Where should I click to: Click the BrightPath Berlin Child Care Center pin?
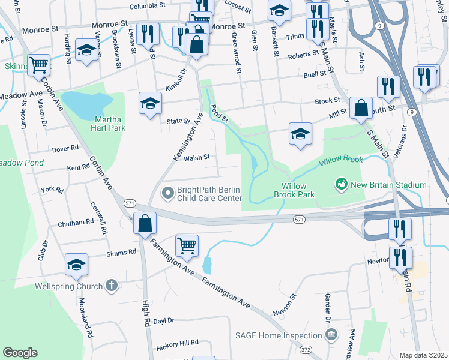(168, 193)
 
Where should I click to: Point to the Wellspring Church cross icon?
(111, 286)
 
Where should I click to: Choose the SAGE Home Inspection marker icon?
(334, 334)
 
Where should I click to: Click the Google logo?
(20, 353)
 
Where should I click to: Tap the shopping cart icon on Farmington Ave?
(187, 245)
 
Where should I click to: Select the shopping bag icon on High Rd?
(145, 224)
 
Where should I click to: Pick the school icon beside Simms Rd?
(77, 264)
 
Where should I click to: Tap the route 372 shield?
(306, 349)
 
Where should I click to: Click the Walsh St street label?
(196, 158)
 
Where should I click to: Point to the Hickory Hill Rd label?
(176, 342)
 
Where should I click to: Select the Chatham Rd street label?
(76, 223)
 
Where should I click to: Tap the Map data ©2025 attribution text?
(423, 355)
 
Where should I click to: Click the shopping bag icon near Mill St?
(361, 108)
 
